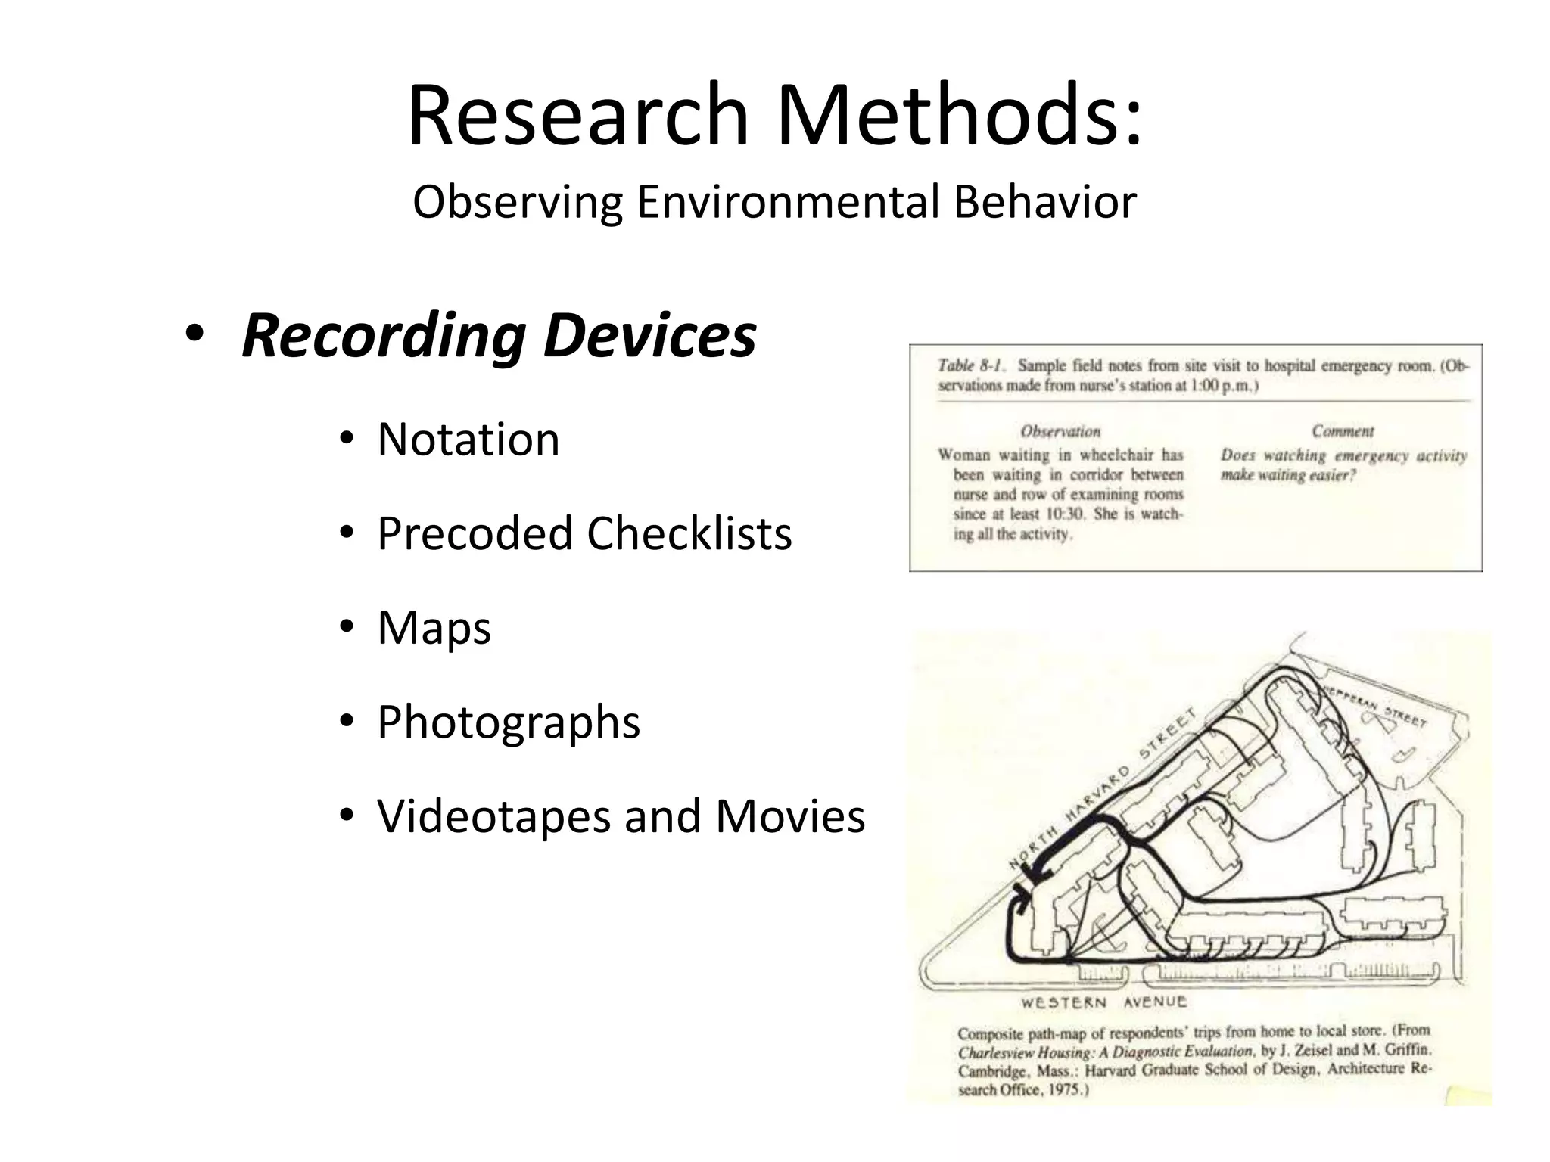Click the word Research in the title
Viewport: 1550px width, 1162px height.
coord(577,115)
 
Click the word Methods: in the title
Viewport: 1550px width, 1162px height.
coord(959,115)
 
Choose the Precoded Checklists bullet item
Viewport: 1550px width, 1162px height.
coord(584,533)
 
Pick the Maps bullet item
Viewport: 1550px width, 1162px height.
coord(434,627)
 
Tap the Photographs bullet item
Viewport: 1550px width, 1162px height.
coord(508,722)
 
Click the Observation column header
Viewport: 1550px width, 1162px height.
coord(1060,431)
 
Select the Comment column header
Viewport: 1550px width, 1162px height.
coord(1343,431)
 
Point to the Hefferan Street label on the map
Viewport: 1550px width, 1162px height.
coord(1376,706)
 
